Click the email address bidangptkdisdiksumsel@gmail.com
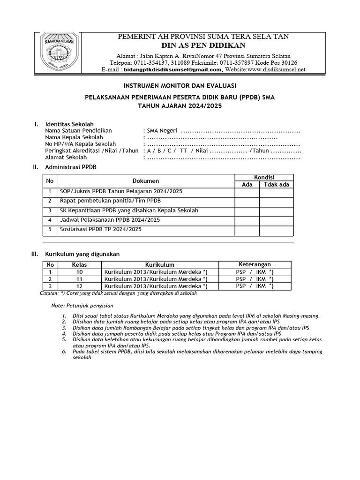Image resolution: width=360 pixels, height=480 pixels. coord(172,69)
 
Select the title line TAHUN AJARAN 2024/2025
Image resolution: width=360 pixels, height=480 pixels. coord(180,106)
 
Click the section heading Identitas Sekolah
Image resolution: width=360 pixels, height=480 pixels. coord(69,124)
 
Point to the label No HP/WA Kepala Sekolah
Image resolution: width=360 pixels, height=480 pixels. coord(80,144)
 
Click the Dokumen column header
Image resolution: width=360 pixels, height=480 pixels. coord(146,181)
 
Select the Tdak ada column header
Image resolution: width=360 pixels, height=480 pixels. coord(277,184)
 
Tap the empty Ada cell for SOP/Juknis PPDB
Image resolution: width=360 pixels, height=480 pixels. coord(247,192)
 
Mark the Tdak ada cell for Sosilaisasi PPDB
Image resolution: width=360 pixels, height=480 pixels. coord(277,230)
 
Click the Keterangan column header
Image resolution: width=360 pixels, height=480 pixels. coord(255,264)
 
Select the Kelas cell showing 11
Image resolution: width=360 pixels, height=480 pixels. coord(79,279)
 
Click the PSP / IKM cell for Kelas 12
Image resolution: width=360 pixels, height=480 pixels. coord(255,286)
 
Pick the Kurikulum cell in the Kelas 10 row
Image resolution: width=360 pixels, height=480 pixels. coord(156,272)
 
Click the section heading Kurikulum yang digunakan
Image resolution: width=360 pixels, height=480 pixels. coord(82,254)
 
